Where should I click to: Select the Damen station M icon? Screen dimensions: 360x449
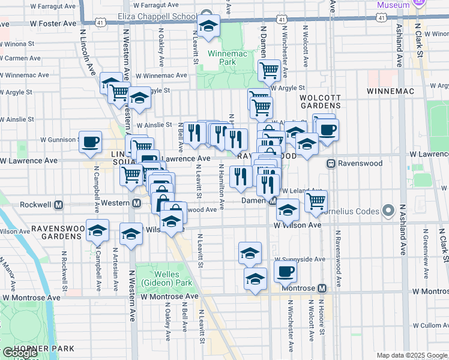tap(272, 201)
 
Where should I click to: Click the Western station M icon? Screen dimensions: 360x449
tap(137, 203)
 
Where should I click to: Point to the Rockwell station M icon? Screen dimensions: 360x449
tap(59, 204)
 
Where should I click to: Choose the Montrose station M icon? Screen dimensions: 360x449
tap(322, 288)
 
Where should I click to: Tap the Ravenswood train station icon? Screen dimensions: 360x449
tap(330, 163)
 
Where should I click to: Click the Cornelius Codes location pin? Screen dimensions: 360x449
tap(389, 211)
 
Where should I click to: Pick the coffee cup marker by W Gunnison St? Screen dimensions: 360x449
tap(90, 142)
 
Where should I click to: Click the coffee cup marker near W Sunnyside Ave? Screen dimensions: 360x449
tap(285, 271)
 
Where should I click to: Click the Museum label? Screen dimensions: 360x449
tap(393, 5)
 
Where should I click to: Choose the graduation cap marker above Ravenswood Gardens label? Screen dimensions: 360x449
tap(97, 230)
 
